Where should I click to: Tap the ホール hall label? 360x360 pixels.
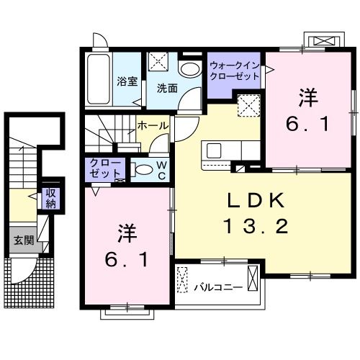click(153, 126)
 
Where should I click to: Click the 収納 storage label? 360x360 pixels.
click(50, 197)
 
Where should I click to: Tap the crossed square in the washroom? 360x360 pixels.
click(158, 63)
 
